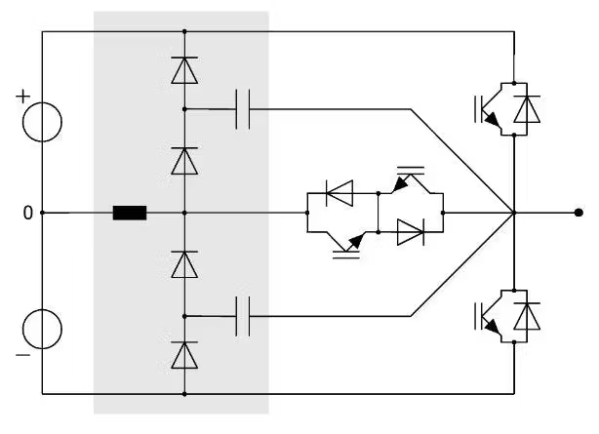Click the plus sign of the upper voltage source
23,97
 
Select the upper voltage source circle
42,122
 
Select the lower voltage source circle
42,330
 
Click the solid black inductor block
130,213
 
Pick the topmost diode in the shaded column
184,69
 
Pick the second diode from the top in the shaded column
184,160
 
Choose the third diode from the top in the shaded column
184,263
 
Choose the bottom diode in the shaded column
184,355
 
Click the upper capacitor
244,108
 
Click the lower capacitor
244,316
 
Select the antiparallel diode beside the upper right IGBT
527,109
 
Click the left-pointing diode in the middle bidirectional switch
339,193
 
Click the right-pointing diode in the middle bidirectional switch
411,232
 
